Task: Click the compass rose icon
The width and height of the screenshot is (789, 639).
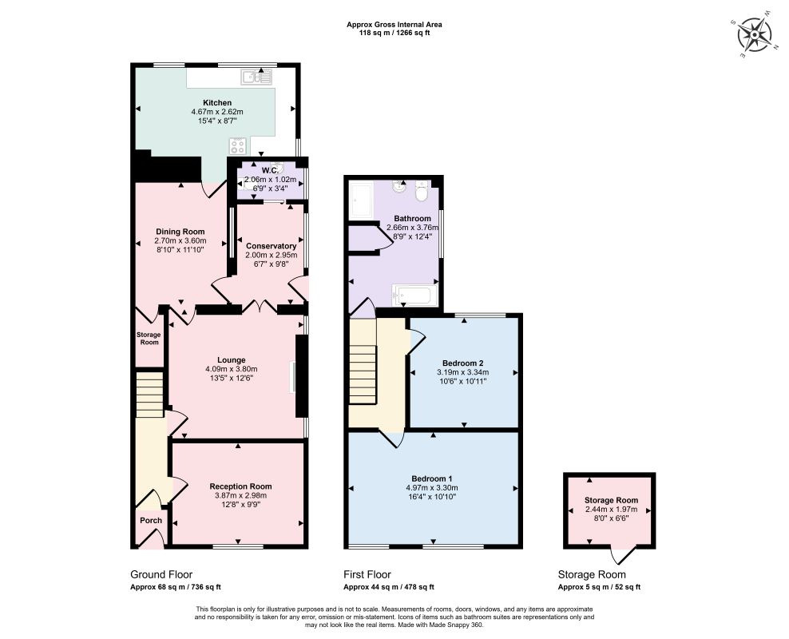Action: [x=754, y=35]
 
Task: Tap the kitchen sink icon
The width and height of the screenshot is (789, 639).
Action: [x=256, y=77]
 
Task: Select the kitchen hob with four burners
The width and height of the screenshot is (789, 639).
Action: [x=238, y=146]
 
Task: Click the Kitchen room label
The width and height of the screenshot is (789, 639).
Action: [x=217, y=103]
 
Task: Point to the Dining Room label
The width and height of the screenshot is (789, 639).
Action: [x=180, y=232]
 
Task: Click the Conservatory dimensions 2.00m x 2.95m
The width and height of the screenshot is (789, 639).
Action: [x=272, y=255]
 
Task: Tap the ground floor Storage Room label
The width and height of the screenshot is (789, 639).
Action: [x=149, y=339]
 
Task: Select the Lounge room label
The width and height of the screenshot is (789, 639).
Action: [x=232, y=360]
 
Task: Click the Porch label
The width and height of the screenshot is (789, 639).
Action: [x=151, y=521]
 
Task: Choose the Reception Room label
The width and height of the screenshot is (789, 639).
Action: [x=240, y=486]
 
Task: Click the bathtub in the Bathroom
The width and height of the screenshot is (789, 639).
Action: [x=411, y=296]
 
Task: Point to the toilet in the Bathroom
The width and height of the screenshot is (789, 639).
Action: [x=422, y=189]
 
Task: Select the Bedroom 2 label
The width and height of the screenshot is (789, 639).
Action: [x=463, y=363]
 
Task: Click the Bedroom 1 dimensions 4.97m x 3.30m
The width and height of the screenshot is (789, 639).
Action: [x=432, y=487]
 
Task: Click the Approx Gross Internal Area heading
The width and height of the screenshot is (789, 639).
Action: [x=394, y=25]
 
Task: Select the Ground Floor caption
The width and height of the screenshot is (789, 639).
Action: [x=161, y=574]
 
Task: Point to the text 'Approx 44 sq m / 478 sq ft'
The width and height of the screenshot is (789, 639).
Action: [x=388, y=587]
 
